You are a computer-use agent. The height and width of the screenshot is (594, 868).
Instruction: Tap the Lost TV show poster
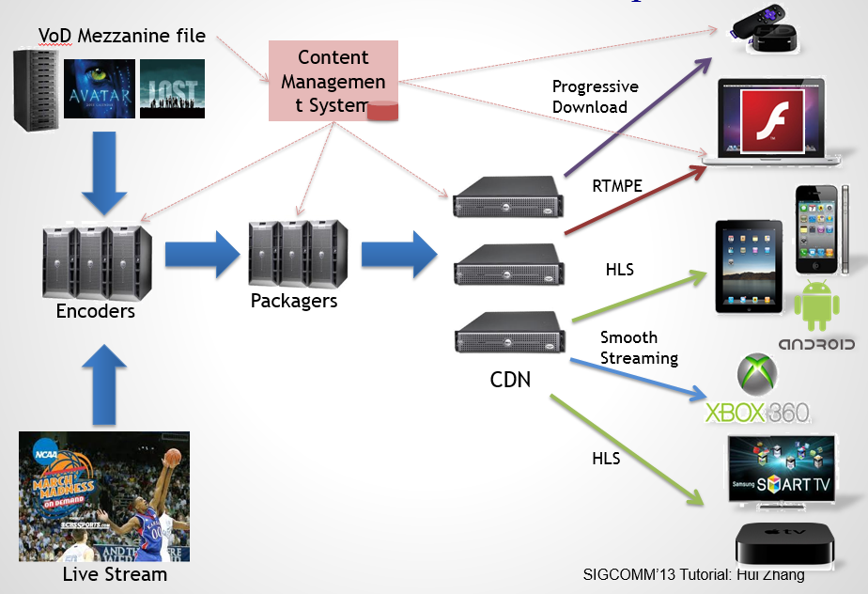click(x=172, y=88)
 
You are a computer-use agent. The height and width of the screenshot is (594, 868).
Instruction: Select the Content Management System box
click(x=333, y=81)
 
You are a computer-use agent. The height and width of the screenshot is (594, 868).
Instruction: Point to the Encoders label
click(x=96, y=311)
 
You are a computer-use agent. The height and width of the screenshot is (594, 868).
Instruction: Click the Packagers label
click(x=294, y=301)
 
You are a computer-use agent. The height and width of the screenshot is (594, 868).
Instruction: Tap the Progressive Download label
click(x=595, y=97)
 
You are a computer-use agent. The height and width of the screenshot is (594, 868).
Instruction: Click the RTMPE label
click(x=616, y=186)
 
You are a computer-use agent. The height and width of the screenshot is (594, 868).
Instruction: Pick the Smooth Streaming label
click(x=639, y=347)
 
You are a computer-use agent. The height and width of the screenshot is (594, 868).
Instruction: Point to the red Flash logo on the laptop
click(x=770, y=121)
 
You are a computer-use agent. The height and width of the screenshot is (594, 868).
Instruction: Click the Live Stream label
click(x=114, y=573)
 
